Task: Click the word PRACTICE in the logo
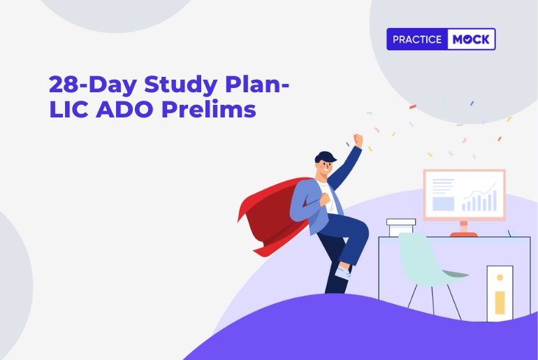(x=417, y=39)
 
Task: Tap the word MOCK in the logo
(x=471, y=39)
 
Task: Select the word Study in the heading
(x=180, y=85)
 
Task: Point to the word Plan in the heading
(x=252, y=84)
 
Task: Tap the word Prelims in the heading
(x=209, y=109)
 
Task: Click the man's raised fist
(x=358, y=140)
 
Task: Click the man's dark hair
(x=325, y=157)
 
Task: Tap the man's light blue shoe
(x=344, y=273)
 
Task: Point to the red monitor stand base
(x=463, y=234)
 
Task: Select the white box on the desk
(x=401, y=227)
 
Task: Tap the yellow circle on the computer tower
(x=500, y=278)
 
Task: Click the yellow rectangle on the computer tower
(x=500, y=303)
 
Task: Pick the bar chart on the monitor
(x=479, y=201)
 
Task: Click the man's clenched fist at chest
(x=325, y=199)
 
